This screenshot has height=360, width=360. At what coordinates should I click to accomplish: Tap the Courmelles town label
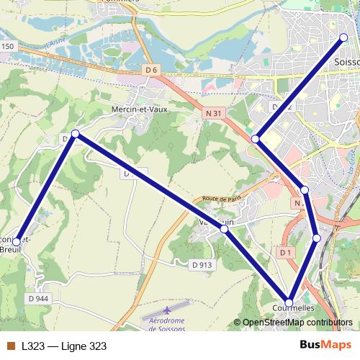click(x=294, y=307)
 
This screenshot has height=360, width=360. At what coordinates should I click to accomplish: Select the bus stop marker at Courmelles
click(x=289, y=302)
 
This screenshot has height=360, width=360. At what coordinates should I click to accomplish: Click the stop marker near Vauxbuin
click(x=225, y=228)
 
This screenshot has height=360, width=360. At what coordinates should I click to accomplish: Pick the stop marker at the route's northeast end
click(x=343, y=37)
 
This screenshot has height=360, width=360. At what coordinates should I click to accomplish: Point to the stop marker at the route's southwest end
click(x=17, y=242)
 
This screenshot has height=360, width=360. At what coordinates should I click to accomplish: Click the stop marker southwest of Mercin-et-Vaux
click(x=75, y=133)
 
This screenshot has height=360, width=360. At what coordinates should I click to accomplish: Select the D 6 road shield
click(x=150, y=69)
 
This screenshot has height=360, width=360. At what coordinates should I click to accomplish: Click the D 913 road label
click(x=202, y=264)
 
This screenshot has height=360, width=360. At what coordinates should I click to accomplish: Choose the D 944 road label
click(x=39, y=297)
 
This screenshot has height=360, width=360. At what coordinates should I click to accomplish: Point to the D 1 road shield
click(x=285, y=252)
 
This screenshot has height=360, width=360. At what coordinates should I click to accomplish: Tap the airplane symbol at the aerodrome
click(x=167, y=310)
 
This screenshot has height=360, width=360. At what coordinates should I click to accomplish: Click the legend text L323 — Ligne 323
click(x=64, y=346)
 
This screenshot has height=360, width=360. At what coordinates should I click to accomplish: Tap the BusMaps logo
click(x=325, y=346)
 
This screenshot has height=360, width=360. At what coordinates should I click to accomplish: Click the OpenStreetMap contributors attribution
click(x=297, y=323)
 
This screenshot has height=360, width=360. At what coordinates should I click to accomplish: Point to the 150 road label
click(x=8, y=46)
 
